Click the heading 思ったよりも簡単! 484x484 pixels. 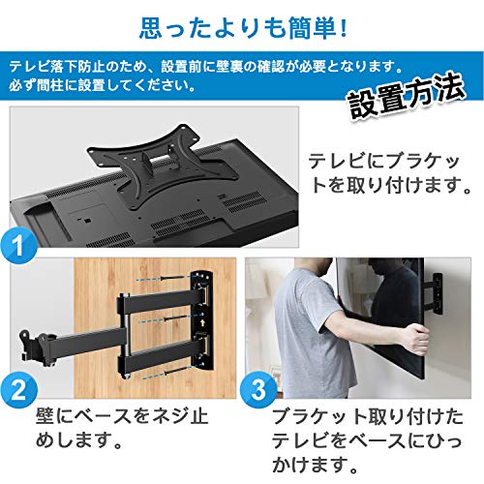tap(241, 22)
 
